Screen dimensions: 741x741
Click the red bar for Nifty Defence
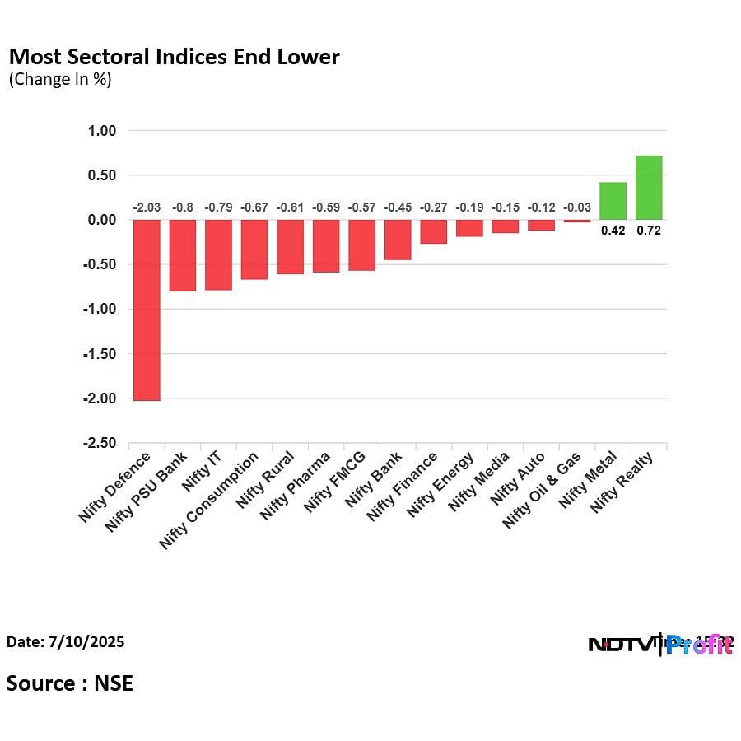pyautogui.click(x=147, y=310)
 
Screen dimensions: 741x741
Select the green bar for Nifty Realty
pyautogui.click(x=649, y=188)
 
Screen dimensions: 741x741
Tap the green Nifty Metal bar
pyautogui.click(x=613, y=201)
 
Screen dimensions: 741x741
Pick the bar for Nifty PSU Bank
pyautogui.click(x=183, y=255)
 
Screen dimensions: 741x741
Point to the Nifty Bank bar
pyautogui.click(x=398, y=240)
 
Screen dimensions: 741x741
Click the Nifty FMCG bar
pyautogui.click(x=361, y=245)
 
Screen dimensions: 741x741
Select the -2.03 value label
pyautogui.click(x=147, y=207)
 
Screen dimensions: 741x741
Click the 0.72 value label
pyautogui.click(x=649, y=231)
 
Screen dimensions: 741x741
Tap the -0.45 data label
pyautogui.click(x=398, y=207)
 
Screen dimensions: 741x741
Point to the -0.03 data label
pyautogui.click(x=576, y=207)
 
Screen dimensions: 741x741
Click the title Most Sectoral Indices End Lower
pyautogui.click(x=174, y=58)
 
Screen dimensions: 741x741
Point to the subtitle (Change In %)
pyautogui.click(x=60, y=80)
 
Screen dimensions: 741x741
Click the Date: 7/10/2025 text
pyautogui.click(x=66, y=641)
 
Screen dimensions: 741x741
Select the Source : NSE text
pyautogui.click(x=70, y=683)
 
